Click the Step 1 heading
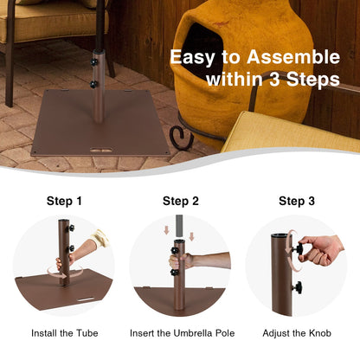(64, 201)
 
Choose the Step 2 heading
(180, 201)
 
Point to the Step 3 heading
(297, 201)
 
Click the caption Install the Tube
(64, 332)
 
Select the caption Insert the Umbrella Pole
(180, 332)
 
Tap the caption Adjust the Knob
(297, 332)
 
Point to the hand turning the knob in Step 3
(320, 251)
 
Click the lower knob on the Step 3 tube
(297, 286)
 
